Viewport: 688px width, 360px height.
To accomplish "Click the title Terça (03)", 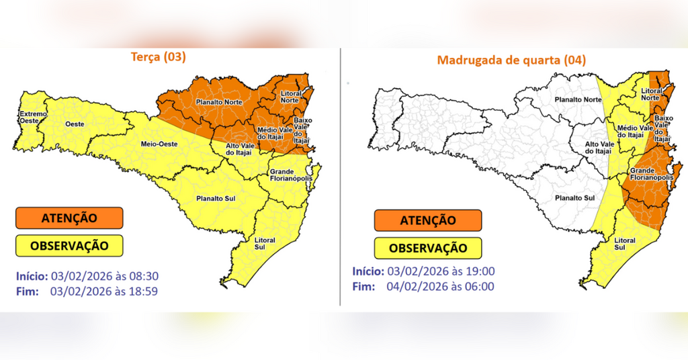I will click(x=158, y=58).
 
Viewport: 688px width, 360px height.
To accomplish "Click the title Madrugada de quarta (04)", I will click(x=511, y=60).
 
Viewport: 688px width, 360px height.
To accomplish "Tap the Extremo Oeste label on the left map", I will click(x=32, y=118).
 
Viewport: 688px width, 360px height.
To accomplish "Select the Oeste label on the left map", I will click(x=74, y=124).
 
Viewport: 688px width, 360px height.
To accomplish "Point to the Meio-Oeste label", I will click(x=159, y=144).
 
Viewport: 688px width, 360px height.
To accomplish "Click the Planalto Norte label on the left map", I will click(x=219, y=102).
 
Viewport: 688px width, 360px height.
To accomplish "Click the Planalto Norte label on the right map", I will click(x=578, y=99).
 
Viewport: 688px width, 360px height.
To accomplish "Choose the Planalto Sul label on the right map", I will click(x=574, y=198).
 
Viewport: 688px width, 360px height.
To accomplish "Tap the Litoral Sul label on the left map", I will click(x=265, y=243).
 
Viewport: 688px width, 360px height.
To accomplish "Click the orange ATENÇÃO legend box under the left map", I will click(x=69, y=218).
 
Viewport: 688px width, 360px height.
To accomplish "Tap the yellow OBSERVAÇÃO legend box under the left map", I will click(x=69, y=245).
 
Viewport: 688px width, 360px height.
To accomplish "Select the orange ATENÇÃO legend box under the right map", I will click(x=428, y=220).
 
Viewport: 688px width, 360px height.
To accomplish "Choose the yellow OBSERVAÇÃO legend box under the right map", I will click(x=428, y=248).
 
